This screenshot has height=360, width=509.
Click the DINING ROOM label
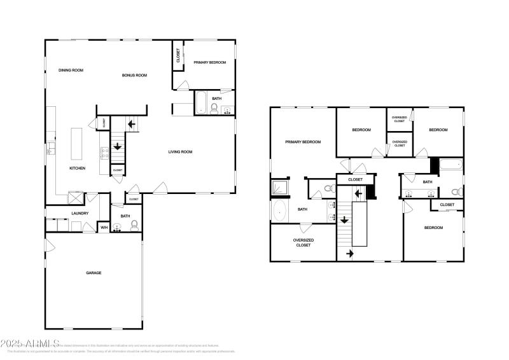coord(71,71)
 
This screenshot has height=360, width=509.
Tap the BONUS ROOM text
coord(134,76)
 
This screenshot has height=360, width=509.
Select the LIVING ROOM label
coord(180,152)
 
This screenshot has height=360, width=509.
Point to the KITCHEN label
coord(78,169)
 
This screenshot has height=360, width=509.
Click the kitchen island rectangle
coord(77,144)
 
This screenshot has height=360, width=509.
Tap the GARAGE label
coord(94,273)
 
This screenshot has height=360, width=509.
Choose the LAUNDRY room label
coord(80,214)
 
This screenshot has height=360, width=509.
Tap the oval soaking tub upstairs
coord(280,211)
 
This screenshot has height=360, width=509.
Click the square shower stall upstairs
coord(280,188)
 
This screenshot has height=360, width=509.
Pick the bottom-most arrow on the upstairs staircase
coord(349,254)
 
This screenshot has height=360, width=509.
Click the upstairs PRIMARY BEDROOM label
coord(303,142)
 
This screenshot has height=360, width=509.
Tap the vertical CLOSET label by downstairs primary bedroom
coord(178,56)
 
